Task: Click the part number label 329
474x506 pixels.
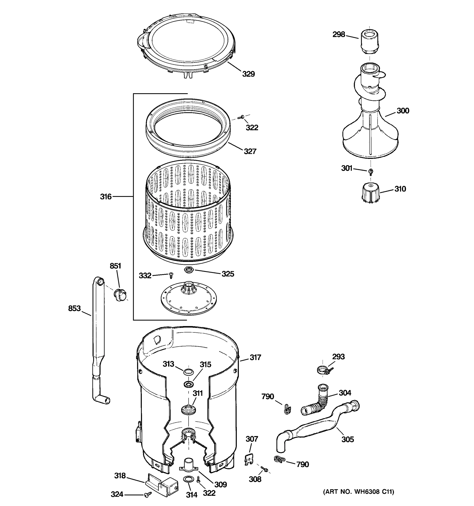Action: click(248, 74)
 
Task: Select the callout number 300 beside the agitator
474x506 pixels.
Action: click(403, 111)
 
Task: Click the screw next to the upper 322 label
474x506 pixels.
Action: click(241, 117)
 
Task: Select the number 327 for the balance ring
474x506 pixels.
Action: click(250, 151)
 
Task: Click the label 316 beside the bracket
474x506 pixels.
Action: click(106, 196)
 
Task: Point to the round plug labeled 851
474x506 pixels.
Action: click(120, 295)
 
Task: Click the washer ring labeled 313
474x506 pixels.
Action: click(188, 372)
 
